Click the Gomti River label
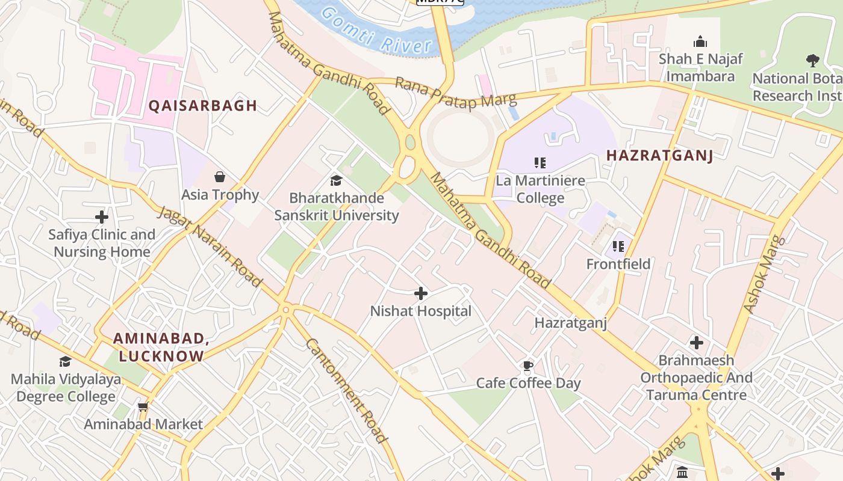point(377,31)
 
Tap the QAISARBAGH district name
point(203,106)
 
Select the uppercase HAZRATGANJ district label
point(659,155)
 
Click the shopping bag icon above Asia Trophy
point(220,177)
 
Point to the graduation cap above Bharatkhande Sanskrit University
point(336,180)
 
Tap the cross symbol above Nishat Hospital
point(421,293)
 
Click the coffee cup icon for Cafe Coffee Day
point(528,366)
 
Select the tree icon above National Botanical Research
point(812,60)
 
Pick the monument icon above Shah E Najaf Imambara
point(700,42)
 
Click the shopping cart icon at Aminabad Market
point(143,407)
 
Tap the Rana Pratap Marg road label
point(455,93)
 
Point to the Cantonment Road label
point(346,391)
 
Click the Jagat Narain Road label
point(210,247)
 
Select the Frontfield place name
point(618,264)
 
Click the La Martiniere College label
point(540,189)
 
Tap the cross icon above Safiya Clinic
point(102,216)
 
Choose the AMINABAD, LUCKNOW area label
point(161,348)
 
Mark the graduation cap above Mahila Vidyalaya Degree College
point(65,361)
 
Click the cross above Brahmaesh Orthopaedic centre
point(697,343)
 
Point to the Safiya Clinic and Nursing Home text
point(102,243)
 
